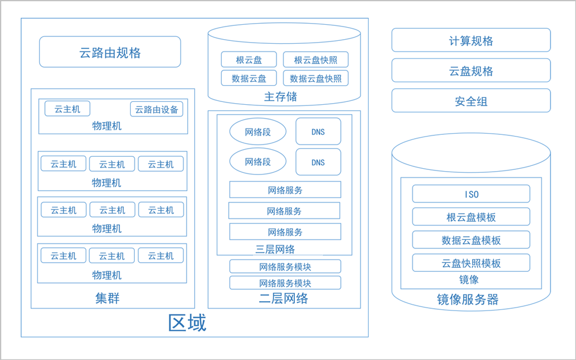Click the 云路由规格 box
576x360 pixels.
pos(110,52)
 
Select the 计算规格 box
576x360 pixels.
pos(471,40)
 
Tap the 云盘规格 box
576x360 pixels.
pos(471,70)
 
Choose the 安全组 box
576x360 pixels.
pos(471,100)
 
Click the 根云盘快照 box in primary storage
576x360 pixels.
pos(316,59)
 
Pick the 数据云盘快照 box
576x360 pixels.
pos(316,78)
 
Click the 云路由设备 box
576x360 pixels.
pos(157,109)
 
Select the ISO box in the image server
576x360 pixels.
pos(471,194)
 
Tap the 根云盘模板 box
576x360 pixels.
pos(471,217)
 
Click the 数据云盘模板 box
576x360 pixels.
pos(471,240)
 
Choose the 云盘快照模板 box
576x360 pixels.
pos(471,263)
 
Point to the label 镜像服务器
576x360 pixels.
pos(468,300)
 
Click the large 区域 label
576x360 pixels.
pos(187,323)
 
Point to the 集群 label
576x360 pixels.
pos(107,298)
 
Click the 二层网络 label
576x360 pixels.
pos(283,298)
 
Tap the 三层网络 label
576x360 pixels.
pos(275,249)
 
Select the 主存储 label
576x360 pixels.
pos(281,97)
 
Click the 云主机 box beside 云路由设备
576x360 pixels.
pos(67,109)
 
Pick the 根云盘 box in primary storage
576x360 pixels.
pos(249,59)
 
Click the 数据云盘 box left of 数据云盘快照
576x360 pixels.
pos(249,78)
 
